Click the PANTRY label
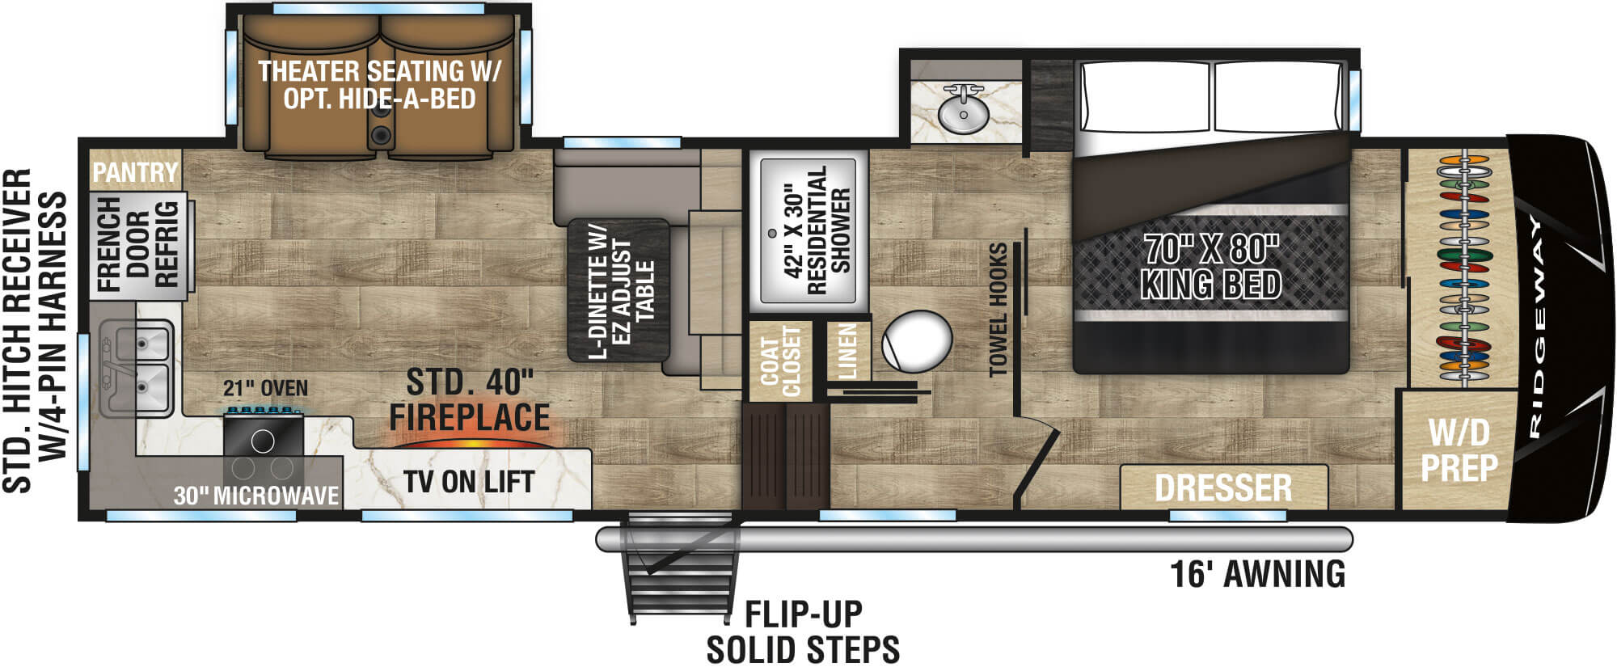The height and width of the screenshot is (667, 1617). [x=134, y=172]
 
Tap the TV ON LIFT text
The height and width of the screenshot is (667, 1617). [x=469, y=483]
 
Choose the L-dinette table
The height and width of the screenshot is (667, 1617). [x=619, y=289]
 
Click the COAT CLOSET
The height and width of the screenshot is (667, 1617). [x=779, y=361]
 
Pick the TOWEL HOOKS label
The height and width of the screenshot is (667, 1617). [x=999, y=309]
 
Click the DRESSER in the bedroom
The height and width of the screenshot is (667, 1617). [x=1223, y=488]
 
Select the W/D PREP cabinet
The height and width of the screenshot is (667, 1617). [x=1459, y=450]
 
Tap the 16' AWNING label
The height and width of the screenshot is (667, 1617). [x=1257, y=574]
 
